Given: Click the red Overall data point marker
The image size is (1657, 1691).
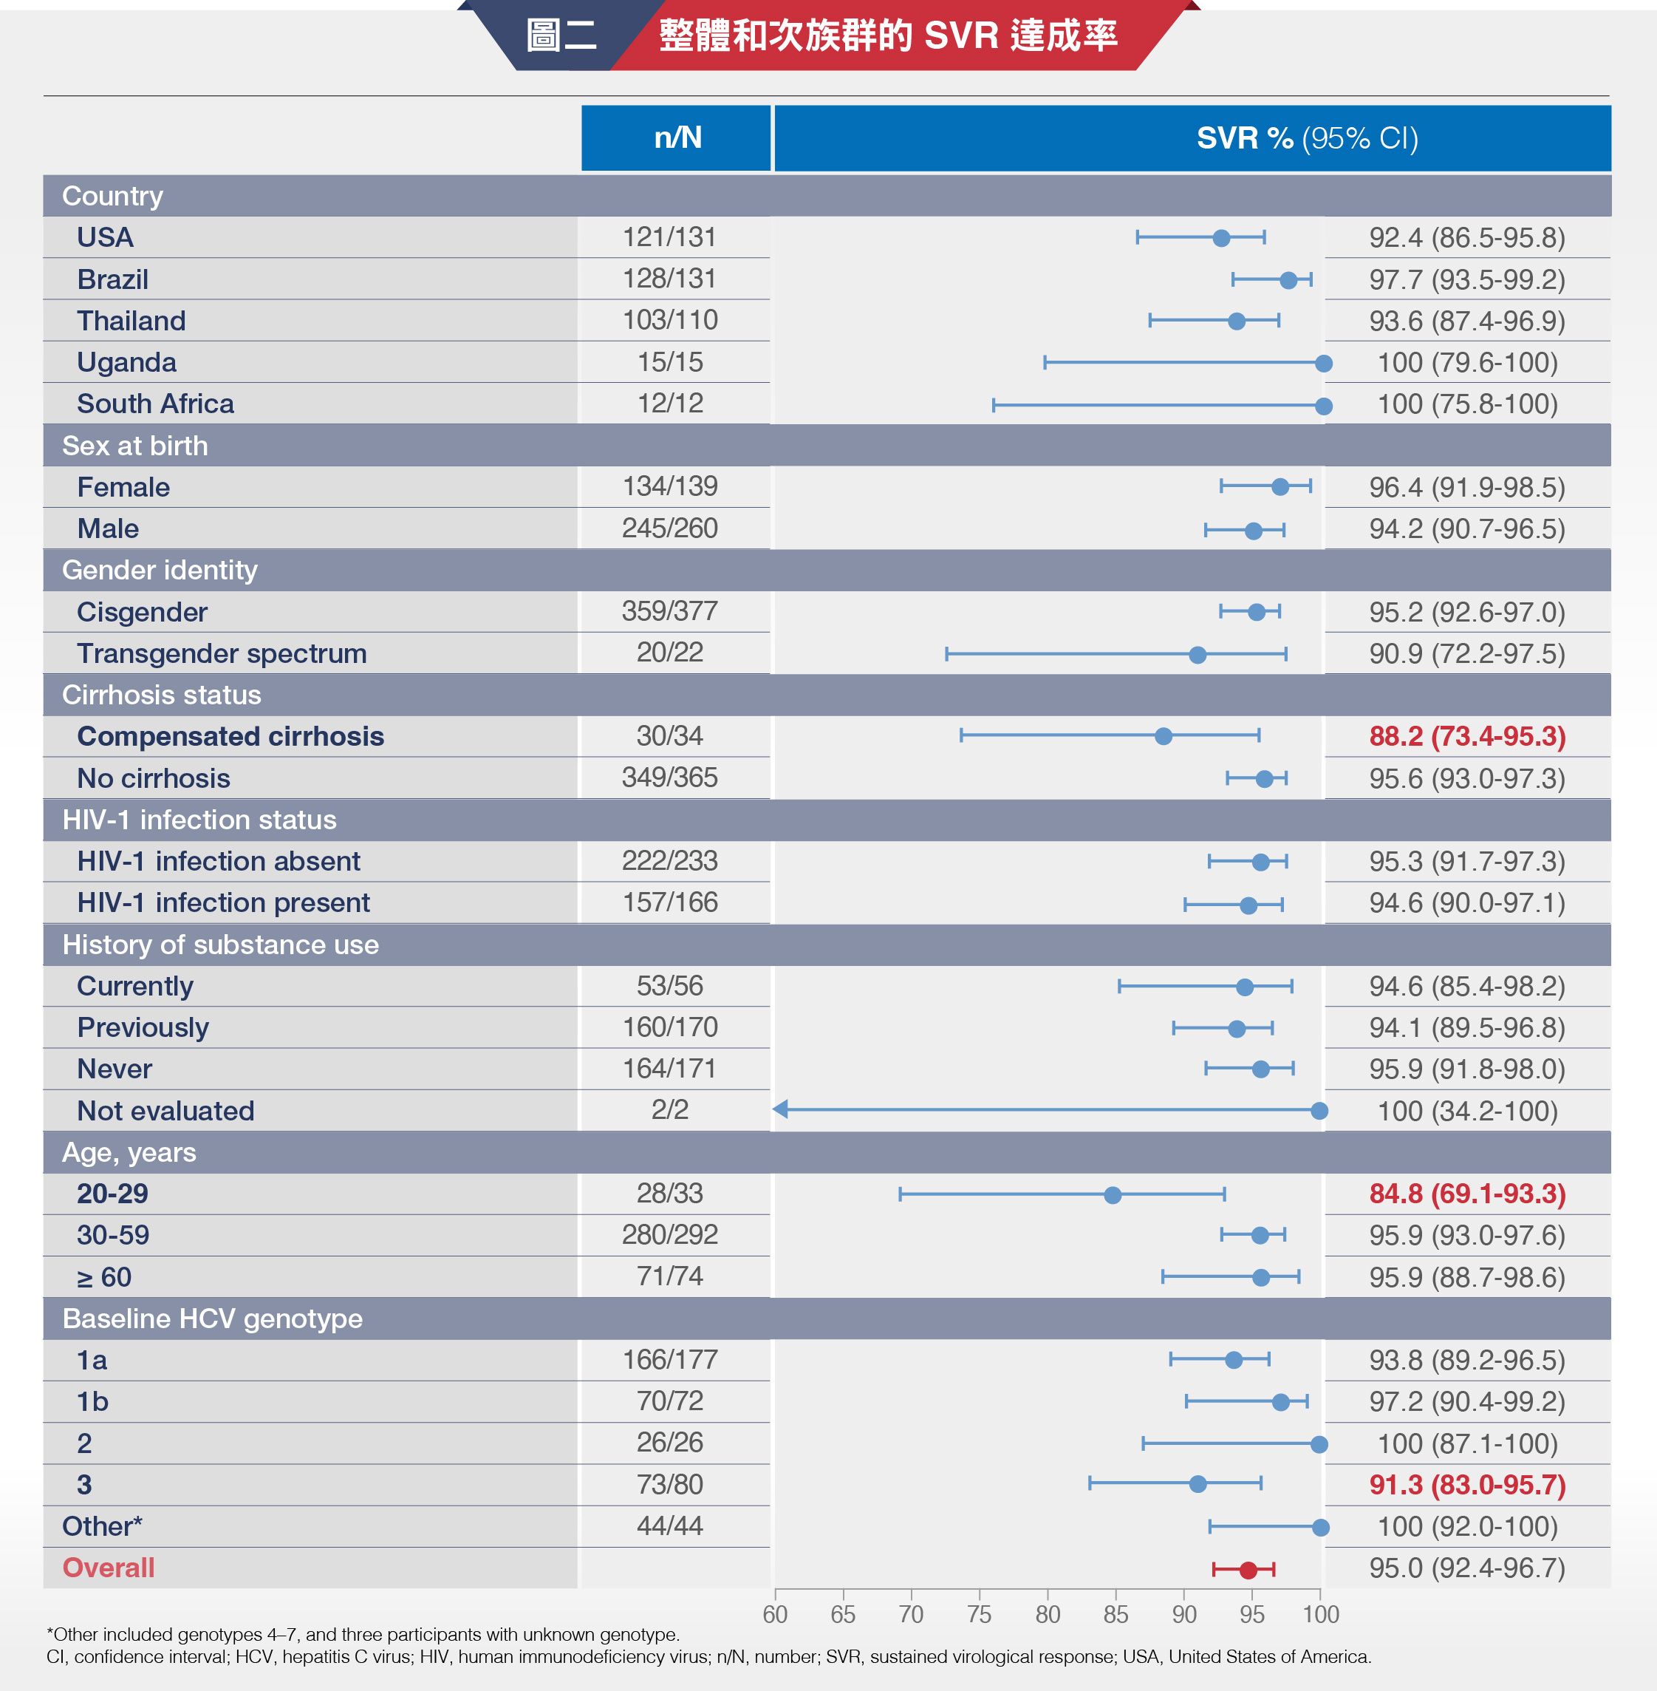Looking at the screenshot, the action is tap(1248, 1570).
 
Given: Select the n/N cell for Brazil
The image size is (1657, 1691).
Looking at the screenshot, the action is tap(669, 279).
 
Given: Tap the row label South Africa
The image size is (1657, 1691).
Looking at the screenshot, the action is tap(155, 404).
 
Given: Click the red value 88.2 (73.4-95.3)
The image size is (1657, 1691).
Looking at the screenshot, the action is tap(1467, 737).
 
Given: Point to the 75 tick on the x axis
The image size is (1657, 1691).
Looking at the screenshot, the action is tap(979, 1614).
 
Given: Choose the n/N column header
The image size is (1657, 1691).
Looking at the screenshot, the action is tap(677, 137).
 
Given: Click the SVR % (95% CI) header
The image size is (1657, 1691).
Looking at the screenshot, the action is tap(1307, 137).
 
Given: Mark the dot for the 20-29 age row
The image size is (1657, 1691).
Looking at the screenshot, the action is tap(1113, 1194).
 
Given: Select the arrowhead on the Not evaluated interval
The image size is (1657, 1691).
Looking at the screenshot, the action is tap(781, 1109).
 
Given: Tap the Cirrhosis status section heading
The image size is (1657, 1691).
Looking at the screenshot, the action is tap(161, 695).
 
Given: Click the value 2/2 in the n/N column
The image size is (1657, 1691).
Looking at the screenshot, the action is tap(669, 1110).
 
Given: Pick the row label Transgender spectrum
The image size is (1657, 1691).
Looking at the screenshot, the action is tap(221, 654).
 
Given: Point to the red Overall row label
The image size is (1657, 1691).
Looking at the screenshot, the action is tap(108, 1568).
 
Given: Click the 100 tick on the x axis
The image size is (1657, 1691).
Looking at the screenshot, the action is tap(1320, 1614).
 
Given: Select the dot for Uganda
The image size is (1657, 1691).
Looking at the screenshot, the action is tap(1323, 364).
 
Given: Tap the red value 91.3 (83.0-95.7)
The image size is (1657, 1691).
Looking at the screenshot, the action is tap(1467, 1486).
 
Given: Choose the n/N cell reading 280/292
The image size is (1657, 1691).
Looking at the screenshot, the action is tap(669, 1235).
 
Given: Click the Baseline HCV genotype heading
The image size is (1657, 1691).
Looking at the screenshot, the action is tap(212, 1319).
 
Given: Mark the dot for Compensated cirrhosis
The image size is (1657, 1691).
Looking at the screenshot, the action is tap(1163, 737).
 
